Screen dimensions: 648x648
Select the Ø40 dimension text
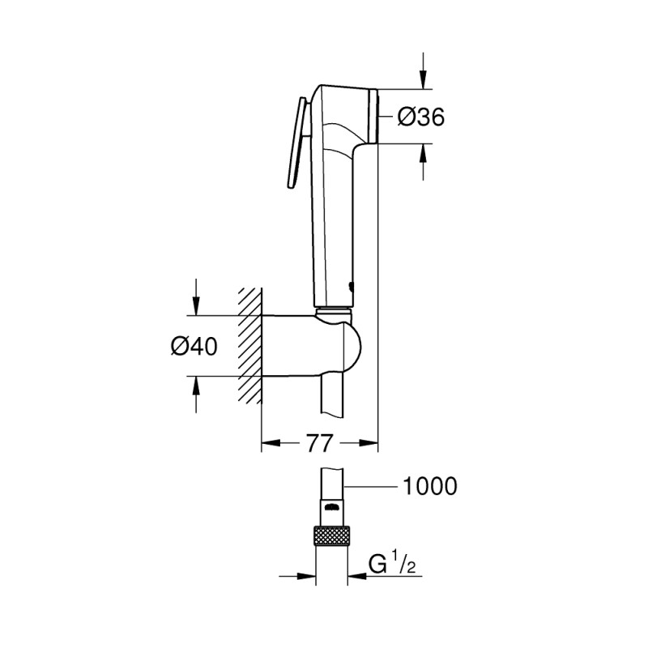[x=194, y=346]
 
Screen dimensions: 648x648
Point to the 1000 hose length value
[x=429, y=486]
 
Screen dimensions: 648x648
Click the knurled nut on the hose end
[x=332, y=536]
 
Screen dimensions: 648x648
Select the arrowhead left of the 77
[x=270, y=443]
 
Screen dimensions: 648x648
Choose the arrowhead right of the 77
[x=369, y=443]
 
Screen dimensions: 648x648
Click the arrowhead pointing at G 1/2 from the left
[x=307, y=578]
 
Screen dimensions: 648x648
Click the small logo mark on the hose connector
[x=331, y=506]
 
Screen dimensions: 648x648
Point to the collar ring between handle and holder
[x=333, y=310]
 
